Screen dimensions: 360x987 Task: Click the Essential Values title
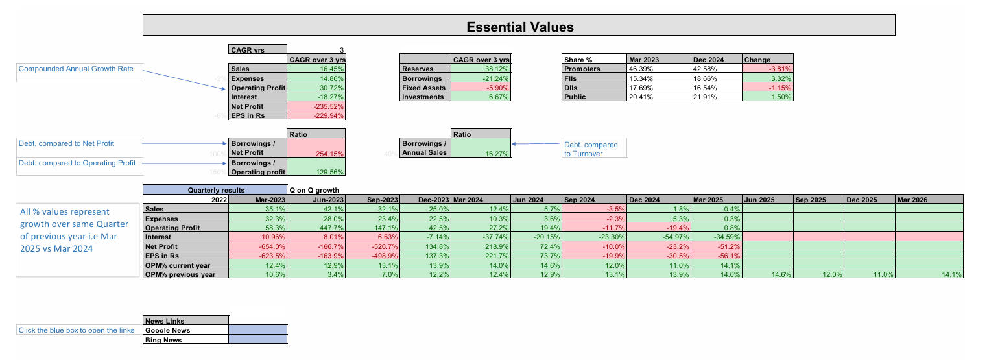click(519, 27)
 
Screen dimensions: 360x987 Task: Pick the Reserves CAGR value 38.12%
click(480, 69)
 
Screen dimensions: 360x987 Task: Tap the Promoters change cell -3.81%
click(768, 69)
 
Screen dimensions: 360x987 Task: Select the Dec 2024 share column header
click(716, 60)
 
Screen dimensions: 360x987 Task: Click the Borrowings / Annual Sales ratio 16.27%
click(480, 149)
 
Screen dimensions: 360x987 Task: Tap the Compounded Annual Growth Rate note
click(80, 69)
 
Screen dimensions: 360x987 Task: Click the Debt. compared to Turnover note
click(593, 149)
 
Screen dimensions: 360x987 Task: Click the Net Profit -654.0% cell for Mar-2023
click(257, 246)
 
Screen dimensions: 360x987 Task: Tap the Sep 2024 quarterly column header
click(594, 200)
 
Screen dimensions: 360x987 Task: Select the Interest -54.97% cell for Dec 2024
click(658, 237)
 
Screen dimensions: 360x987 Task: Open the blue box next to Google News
click(257, 330)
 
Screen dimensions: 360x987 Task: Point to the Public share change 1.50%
click(768, 97)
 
